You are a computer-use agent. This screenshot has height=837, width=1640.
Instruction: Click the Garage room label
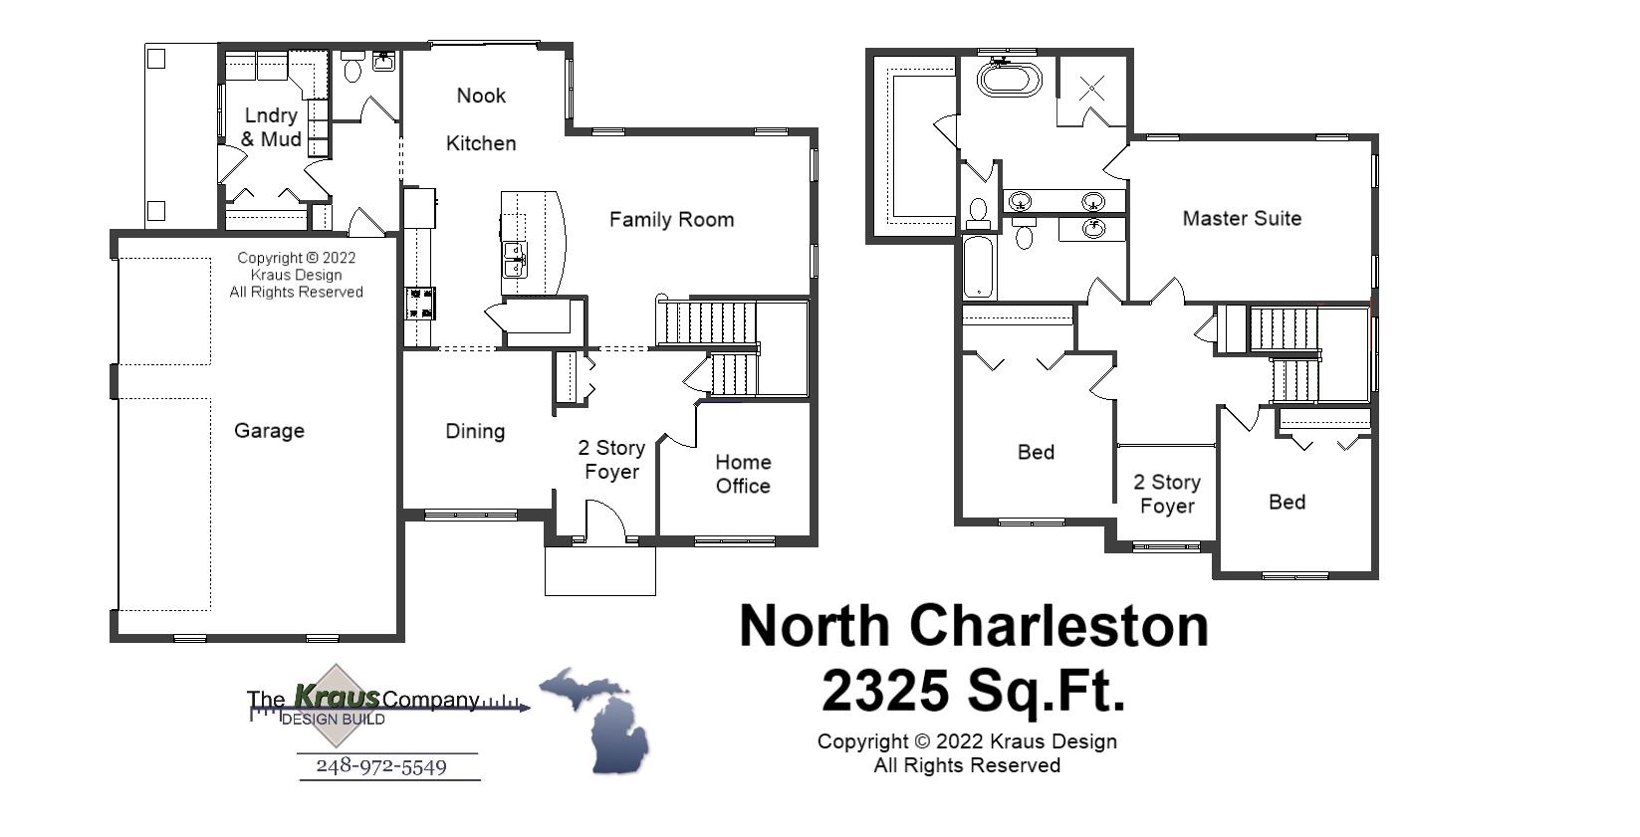(x=269, y=431)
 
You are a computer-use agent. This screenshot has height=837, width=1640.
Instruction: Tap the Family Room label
(x=671, y=220)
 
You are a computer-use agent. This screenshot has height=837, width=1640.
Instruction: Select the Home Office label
(x=743, y=474)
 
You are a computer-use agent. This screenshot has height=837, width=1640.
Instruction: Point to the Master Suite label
(x=1242, y=219)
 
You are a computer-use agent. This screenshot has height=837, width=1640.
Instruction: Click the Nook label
(x=481, y=96)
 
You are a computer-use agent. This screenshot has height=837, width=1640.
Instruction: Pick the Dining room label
(x=475, y=431)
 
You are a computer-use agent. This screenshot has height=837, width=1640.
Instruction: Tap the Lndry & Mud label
(x=271, y=127)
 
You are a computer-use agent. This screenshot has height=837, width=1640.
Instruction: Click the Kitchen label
(x=481, y=143)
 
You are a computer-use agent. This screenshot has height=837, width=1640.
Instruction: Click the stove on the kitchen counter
(x=420, y=303)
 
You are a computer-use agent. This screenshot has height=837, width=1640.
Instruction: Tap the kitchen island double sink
(x=515, y=259)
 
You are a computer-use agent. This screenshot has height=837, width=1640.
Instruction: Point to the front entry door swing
(x=603, y=521)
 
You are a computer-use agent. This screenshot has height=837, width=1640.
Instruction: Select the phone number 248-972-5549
(x=381, y=766)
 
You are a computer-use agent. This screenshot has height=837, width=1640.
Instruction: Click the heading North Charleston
(x=973, y=626)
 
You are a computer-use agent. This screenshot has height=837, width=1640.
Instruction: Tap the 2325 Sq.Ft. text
(x=973, y=690)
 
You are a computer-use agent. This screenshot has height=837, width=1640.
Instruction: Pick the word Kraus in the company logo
(x=337, y=698)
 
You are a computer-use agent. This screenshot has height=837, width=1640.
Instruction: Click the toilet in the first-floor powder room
(x=352, y=69)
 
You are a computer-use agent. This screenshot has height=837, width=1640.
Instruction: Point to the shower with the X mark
(x=1091, y=88)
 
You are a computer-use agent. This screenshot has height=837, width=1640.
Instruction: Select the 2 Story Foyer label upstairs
(x=1167, y=494)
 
